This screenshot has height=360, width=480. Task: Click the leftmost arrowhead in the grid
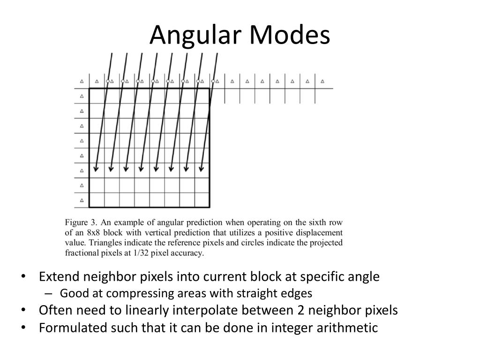pyautogui.click(x=96, y=168)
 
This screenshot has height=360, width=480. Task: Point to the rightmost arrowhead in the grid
pyautogui.click(x=201, y=168)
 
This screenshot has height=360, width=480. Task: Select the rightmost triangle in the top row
pyautogui.click(x=322, y=81)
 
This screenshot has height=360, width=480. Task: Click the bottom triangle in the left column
pyautogui.click(x=82, y=200)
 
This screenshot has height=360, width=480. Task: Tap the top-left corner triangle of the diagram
pyautogui.click(x=82, y=81)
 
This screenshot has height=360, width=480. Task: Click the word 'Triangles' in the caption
pyautogui.click(x=104, y=243)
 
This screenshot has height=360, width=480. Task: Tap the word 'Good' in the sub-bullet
pyautogui.click(x=70, y=294)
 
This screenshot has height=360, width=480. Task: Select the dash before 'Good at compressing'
pyautogui.click(x=50, y=294)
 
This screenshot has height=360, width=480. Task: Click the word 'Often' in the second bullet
pyautogui.click(x=53, y=310)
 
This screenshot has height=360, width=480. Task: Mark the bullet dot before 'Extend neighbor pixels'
pyautogui.click(x=24, y=277)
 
